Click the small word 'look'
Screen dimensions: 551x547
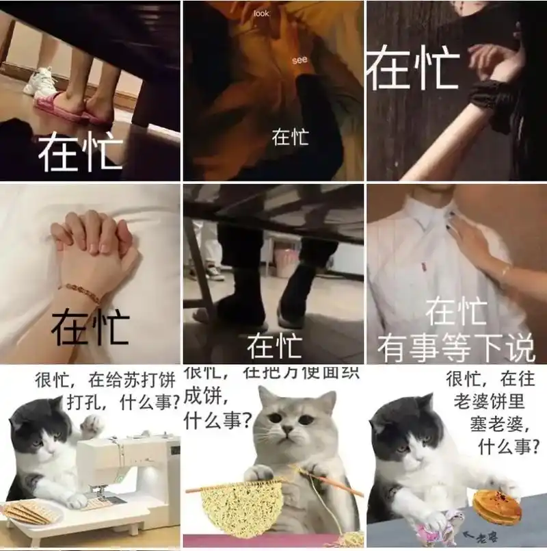[262, 13]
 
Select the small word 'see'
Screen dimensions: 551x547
[299, 60]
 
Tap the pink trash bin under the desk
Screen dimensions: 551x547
[286, 262]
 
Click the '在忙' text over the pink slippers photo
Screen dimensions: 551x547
[80, 152]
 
